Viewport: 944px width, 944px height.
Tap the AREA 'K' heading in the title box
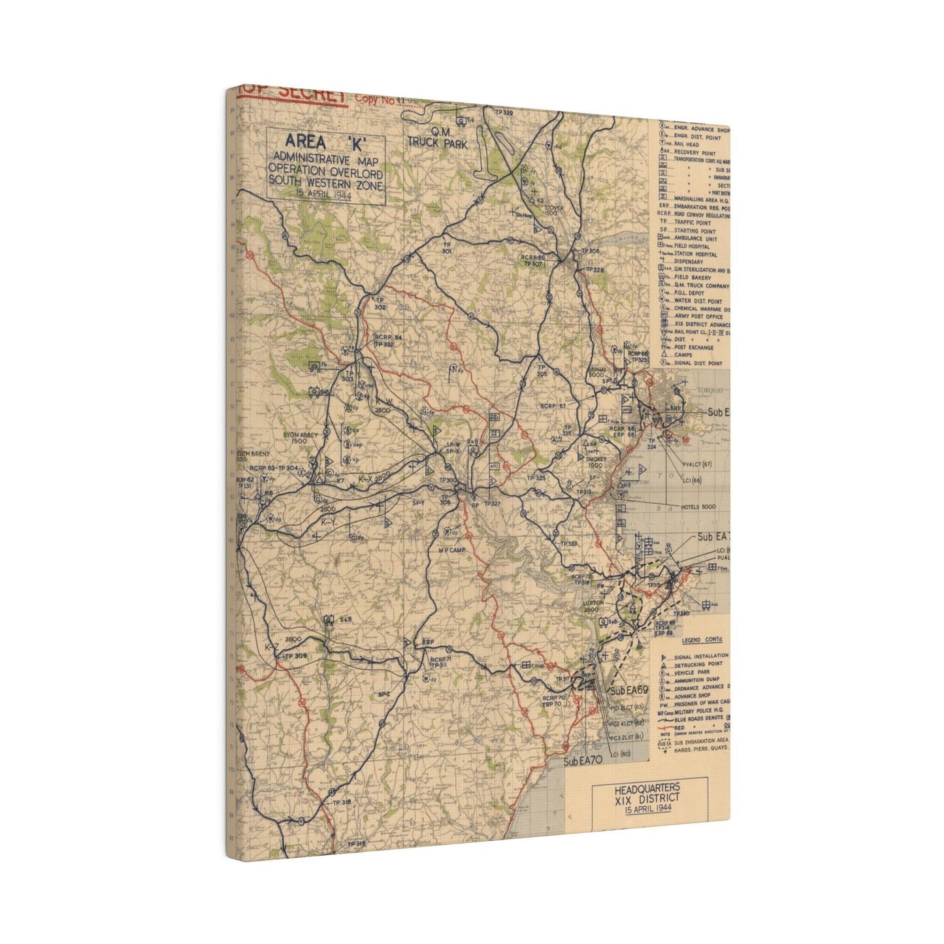[325, 142]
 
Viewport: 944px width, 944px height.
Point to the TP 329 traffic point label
[504, 113]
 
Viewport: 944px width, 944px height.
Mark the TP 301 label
[447, 248]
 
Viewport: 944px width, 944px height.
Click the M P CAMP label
[451, 551]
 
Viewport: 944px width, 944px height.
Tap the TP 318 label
[342, 802]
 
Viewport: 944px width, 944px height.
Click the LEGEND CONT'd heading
[696, 641]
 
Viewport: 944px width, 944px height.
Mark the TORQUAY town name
[708, 390]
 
